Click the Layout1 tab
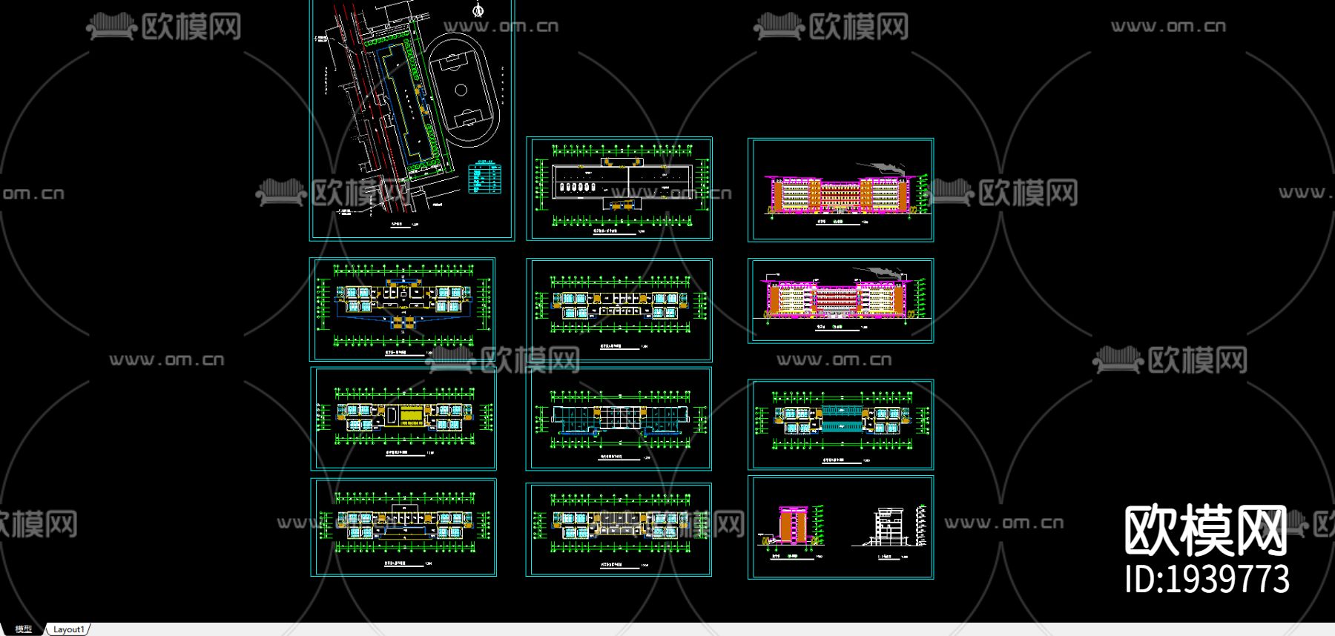[x=68, y=629]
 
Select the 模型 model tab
[x=24, y=629]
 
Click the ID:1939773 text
[x=1207, y=580]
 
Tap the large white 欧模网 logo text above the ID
[x=1205, y=531]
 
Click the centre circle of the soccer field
[x=461, y=90]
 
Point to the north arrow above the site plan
[x=478, y=10]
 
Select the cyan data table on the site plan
[x=486, y=178]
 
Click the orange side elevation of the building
[x=794, y=525]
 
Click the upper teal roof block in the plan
[x=841, y=409]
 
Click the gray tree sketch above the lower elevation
[x=883, y=274]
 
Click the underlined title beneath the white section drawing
[x=888, y=556]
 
